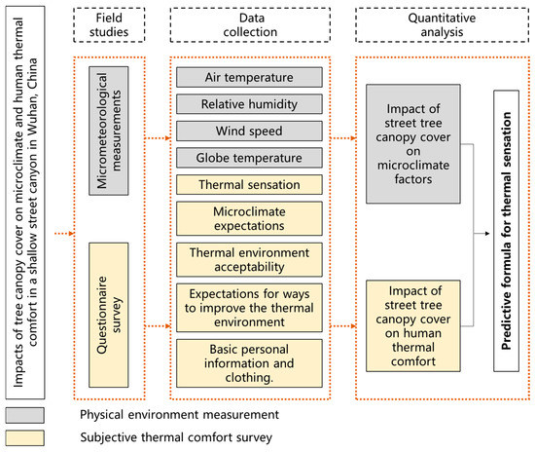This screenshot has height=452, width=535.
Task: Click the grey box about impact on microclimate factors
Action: point(412,143)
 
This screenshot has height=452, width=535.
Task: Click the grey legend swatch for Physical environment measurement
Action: point(29,414)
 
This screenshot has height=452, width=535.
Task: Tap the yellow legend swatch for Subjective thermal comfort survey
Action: point(29,437)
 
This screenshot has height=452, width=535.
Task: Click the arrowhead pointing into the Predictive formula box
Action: point(485,233)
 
